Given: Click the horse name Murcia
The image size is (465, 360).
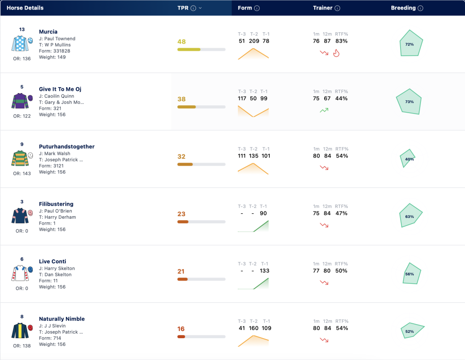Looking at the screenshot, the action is point(48,32).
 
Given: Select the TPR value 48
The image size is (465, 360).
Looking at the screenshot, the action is point(182,42).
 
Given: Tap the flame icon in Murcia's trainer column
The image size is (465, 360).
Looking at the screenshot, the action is point(336,53).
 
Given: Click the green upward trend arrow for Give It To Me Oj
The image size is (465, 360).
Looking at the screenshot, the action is point(324,110).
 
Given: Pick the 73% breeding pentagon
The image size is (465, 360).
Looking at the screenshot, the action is point(410,101).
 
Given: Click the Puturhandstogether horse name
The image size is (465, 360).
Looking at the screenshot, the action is point(67,147).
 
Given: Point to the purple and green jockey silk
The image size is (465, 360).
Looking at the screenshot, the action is point(20,101).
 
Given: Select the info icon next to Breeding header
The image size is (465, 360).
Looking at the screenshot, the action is point(420,8).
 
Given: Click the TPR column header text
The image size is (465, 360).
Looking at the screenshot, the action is point(183,8).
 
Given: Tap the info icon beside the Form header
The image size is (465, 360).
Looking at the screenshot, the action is point(257,8).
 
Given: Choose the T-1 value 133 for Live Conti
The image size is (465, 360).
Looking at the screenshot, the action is point(265,271).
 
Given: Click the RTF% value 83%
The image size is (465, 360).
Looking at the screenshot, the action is point(341,41).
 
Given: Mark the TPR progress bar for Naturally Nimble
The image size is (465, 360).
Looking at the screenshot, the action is point(201,336).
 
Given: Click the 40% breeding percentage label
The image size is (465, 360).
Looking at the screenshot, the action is point(410,159).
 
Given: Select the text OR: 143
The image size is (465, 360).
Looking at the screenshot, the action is point(22,173).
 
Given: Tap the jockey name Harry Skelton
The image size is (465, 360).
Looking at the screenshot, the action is point(59,268).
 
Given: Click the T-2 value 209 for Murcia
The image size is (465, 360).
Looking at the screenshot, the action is point(254,41).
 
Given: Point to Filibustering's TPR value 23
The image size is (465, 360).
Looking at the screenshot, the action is point(182,214).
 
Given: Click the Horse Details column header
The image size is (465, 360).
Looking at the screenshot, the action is point(25,8).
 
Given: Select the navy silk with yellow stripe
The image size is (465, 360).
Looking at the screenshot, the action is point(20,330).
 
